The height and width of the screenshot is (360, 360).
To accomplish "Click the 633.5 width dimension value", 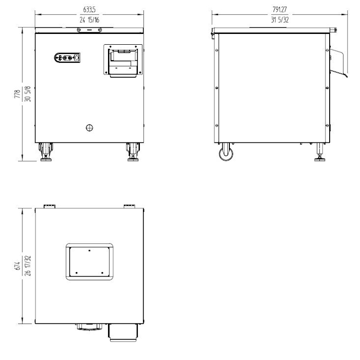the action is [89, 10].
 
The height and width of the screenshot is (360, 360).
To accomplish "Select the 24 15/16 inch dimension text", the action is [89, 20].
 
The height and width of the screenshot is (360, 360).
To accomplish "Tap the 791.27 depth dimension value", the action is [280, 9].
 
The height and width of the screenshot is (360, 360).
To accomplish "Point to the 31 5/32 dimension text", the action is [280, 20].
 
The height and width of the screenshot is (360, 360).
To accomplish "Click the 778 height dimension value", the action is [17, 94].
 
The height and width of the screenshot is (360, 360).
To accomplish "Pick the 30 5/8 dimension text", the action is [28, 94].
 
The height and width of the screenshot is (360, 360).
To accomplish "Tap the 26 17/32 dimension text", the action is [28, 266].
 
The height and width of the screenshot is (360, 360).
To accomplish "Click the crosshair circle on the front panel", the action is [89, 128].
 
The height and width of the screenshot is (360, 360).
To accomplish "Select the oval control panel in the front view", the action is [67, 58].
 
